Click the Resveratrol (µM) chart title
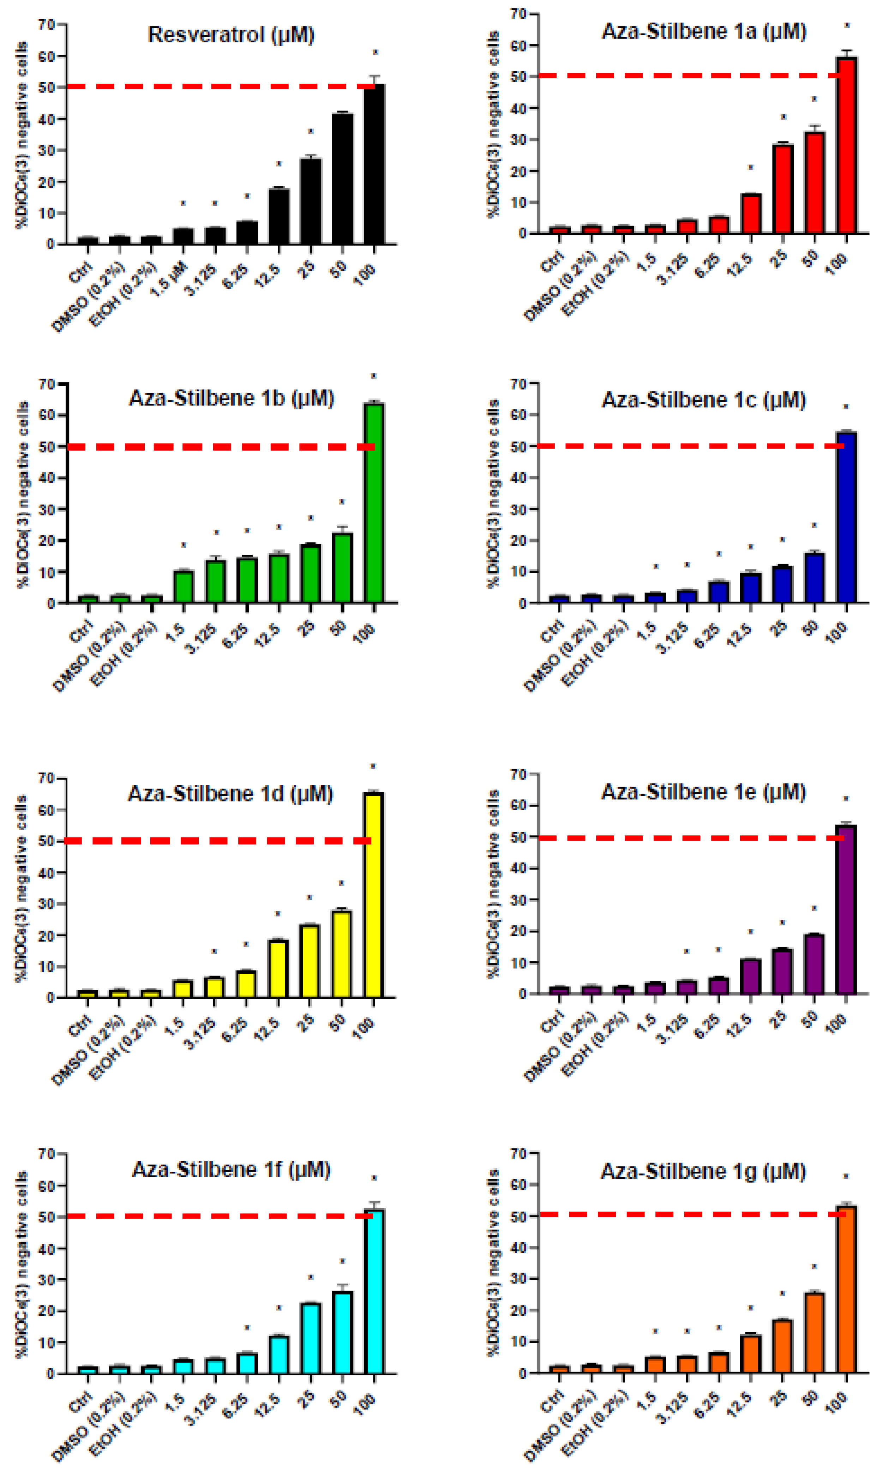pyautogui.click(x=231, y=35)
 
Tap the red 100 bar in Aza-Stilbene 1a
pyautogui.click(x=846, y=146)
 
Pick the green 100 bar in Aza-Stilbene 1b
pyautogui.click(x=374, y=503)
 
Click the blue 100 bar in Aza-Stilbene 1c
pyautogui.click(x=846, y=518)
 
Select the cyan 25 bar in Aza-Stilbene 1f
pyautogui.click(x=310, y=1339)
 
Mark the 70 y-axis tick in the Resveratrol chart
pyautogui.click(x=47, y=24)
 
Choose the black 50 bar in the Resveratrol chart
pyautogui.click(x=342, y=179)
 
